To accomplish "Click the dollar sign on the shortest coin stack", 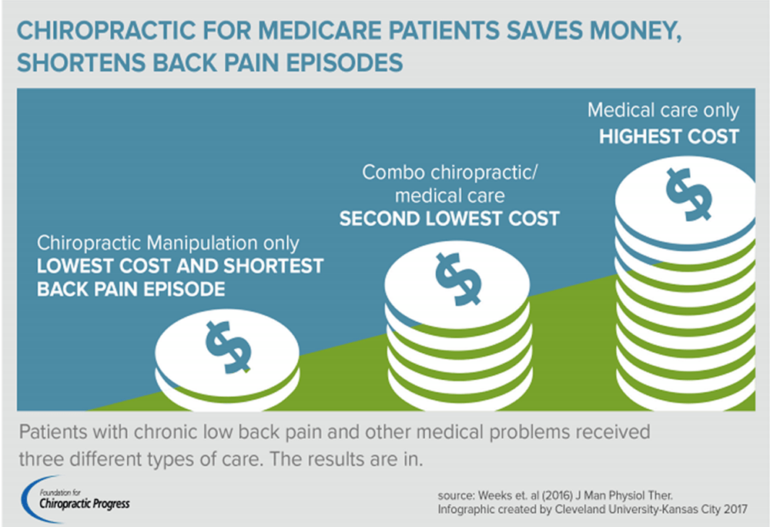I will click(229, 345).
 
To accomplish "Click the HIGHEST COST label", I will click(669, 136).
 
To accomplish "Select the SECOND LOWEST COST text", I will click(450, 219).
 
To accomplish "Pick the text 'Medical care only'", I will click(663, 110).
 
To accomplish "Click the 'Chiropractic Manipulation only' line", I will click(168, 243).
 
